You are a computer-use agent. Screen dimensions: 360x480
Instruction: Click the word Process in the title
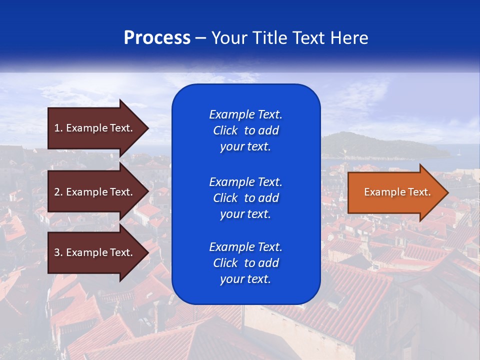[x=157, y=38]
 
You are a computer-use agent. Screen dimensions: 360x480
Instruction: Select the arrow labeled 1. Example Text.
[x=95, y=128]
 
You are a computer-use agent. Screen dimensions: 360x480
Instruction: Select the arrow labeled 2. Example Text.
[x=95, y=192]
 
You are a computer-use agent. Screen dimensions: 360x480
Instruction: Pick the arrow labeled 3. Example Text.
[x=95, y=252]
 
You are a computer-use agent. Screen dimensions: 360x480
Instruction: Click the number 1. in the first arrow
[x=58, y=128]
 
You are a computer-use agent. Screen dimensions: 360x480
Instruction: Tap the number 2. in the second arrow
[x=58, y=192]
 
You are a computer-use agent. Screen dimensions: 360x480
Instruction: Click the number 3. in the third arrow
[x=58, y=252]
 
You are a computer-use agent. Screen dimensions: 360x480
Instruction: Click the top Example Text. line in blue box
[x=245, y=114]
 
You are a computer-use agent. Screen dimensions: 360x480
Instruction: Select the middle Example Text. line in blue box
[x=245, y=181]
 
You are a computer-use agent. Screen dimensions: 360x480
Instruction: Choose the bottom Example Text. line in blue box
[x=245, y=247]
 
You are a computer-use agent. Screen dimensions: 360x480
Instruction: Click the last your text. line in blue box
[x=245, y=279]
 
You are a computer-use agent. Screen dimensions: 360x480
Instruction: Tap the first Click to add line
[x=245, y=130]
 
